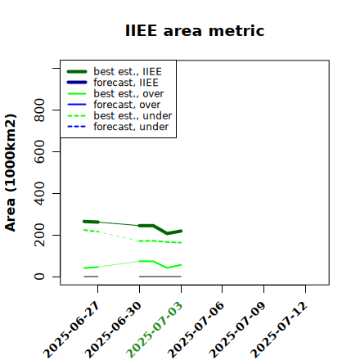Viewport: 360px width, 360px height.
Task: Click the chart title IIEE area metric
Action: [x=195, y=30]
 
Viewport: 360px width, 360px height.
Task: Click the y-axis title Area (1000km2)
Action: [x=11, y=173]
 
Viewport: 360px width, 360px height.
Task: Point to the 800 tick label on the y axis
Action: [x=39, y=110]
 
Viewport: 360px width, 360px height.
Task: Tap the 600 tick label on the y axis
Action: [x=39, y=151]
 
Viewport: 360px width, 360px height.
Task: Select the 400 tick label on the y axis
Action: [x=39, y=193]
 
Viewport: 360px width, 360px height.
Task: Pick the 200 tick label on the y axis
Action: [x=39, y=235]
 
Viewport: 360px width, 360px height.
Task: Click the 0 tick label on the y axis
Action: [x=39, y=277]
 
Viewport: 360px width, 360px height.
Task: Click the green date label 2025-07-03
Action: [x=155, y=330]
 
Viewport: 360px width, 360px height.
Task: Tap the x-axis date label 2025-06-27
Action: [x=71, y=330]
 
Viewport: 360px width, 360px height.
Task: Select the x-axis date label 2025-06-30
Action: [x=113, y=330]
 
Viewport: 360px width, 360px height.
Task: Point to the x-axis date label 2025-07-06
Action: [x=196, y=330]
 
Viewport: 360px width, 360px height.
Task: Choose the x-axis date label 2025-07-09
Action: [x=237, y=330]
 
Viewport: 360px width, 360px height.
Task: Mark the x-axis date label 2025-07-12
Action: [x=279, y=330]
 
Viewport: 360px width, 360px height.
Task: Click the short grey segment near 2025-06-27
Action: [x=91, y=277]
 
